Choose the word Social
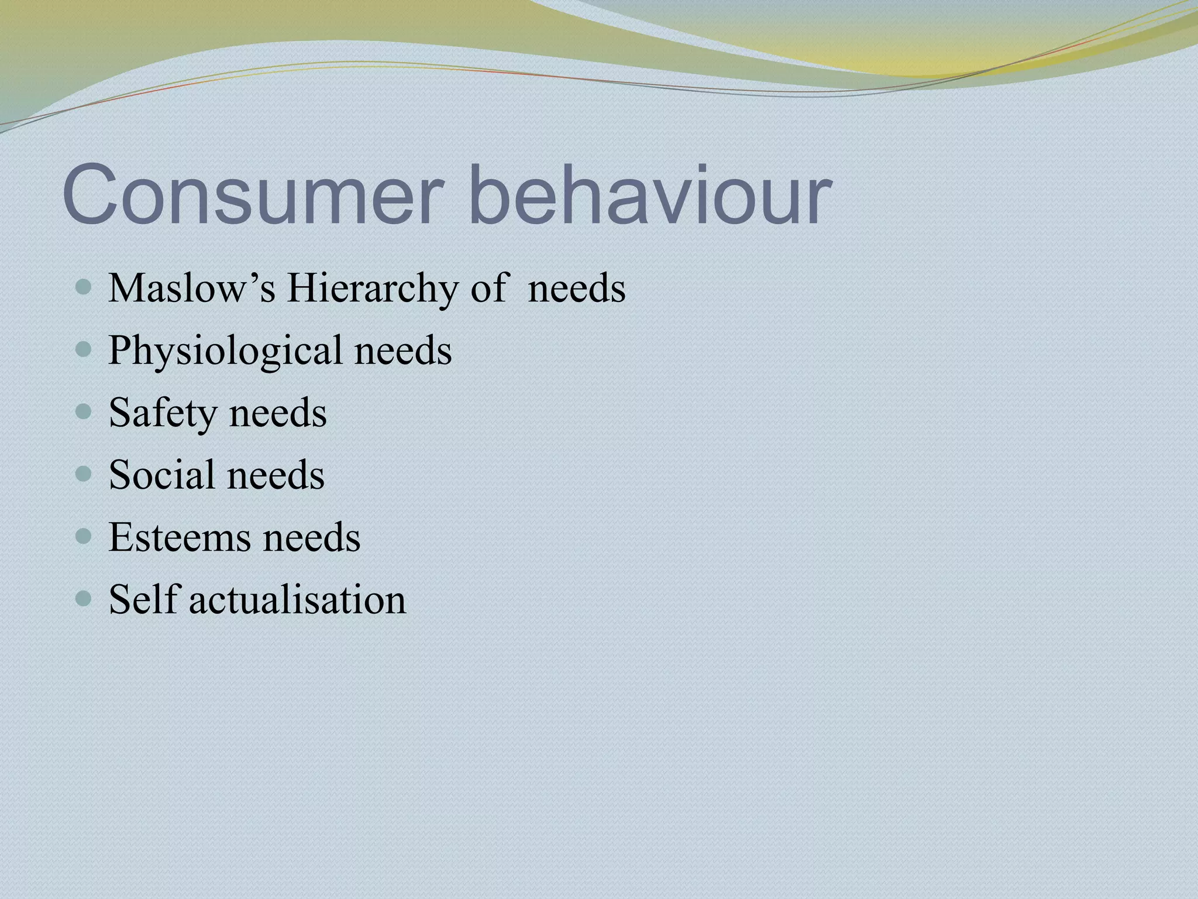[x=162, y=474]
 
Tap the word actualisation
[x=297, y=599]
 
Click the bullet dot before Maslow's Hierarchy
[x=84, y=287]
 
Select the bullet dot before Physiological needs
[x=84, y=350]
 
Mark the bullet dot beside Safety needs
[x=84, y=412]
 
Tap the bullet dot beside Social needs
[x=84, y=474]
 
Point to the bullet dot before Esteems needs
[x=84, y=537]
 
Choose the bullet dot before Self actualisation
[x=84, y=599]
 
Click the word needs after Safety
[x=278, y=413]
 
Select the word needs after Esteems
[x=311, y=537]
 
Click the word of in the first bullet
[x=487, y=289]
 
